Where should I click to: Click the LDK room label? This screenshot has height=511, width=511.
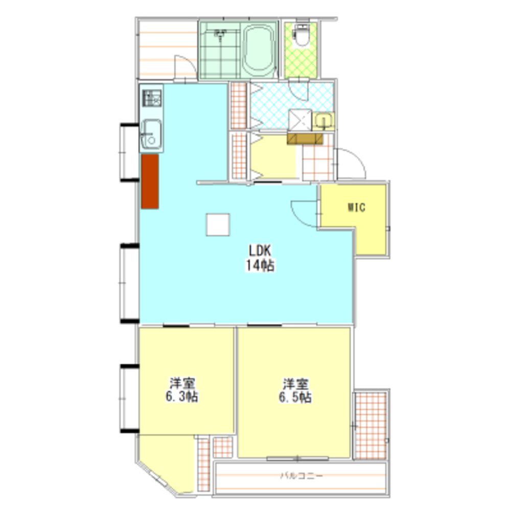click(260, 250)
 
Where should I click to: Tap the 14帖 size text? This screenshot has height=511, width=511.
click(260, 265)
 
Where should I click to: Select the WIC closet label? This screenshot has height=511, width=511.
click(357, 207)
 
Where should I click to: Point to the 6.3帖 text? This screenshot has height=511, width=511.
click(182, 397)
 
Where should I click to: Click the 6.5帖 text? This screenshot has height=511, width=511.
click(295, 397)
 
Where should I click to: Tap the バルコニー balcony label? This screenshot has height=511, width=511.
click(302, 476)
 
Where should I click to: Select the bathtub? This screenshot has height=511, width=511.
click(260, 50)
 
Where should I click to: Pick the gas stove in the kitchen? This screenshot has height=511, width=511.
click(152, 98)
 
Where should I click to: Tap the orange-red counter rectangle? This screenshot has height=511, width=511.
click(150, 181)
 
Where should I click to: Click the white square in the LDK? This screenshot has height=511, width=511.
click(218, 224)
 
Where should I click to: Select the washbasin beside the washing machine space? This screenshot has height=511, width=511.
click(323, 121)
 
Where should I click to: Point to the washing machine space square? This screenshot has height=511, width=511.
click(300, 120)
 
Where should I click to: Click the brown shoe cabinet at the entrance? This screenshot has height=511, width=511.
click(305, 138)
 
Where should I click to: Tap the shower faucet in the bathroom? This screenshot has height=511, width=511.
click(221, 35)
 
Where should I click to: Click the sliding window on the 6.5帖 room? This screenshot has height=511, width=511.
click(297, 458)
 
